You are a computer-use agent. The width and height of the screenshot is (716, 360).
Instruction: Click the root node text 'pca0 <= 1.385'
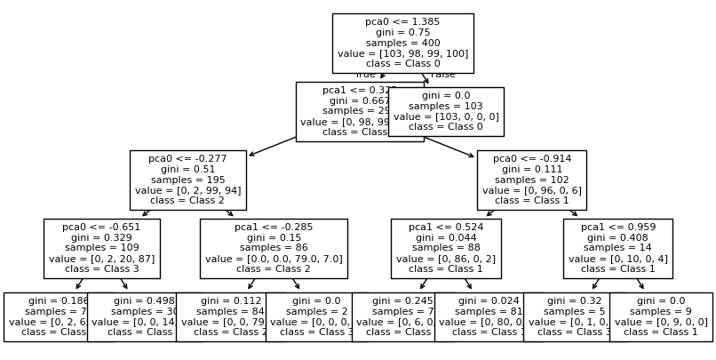coord(402,20)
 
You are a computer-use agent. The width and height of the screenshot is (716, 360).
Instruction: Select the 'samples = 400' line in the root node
coord(402,43)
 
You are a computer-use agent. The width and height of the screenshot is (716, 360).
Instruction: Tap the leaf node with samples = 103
coord(446,111)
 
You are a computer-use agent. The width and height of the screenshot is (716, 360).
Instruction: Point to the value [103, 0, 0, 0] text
coord(446,116)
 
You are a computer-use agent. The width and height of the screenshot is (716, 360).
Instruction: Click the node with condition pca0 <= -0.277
coord(187,180)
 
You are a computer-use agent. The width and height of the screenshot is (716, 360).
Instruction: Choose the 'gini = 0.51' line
coord(187,169)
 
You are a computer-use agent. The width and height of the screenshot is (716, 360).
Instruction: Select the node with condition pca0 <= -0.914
coord(531,180)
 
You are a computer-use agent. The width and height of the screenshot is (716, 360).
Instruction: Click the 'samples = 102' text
coord(531,180)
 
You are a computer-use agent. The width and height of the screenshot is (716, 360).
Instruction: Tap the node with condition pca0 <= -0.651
coord(101,248)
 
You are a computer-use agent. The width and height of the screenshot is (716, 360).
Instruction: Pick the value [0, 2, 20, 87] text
coord(101,259)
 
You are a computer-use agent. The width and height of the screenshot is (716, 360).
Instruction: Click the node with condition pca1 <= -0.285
coord(273,248)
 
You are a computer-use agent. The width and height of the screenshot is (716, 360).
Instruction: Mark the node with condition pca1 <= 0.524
coord(446,248)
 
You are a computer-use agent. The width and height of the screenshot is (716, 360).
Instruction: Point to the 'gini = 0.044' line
coord(446,237)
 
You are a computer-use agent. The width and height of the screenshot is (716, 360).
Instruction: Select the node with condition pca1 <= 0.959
coord(617,248)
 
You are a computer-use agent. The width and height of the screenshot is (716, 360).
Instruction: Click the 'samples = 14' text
coord(617,248)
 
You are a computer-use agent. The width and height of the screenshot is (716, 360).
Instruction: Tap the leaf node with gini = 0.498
coord(133,316)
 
